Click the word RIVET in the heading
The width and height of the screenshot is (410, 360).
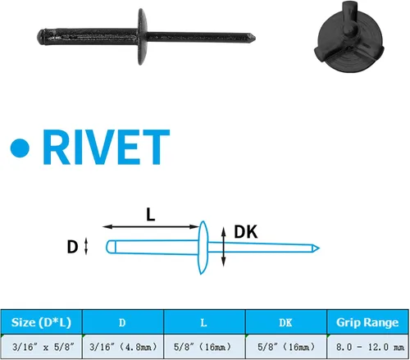point(106,147)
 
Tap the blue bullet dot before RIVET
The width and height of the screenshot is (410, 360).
point(20,148)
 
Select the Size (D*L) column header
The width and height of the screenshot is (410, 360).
point(41,322)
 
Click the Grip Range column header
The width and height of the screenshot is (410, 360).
point(367,322)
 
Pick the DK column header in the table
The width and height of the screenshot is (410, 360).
point(285,323)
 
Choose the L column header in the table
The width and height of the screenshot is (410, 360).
point(203,323)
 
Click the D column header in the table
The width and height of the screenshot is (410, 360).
point(122,323)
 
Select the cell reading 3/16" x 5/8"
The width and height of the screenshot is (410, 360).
point(43,347)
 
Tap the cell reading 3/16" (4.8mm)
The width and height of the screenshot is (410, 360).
point(123,347)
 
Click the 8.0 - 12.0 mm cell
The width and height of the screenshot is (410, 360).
point(370,347)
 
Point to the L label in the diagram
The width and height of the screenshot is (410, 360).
point(151,215)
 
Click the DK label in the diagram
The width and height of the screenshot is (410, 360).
point(246,232)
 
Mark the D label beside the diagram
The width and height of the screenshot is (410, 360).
point(72,247)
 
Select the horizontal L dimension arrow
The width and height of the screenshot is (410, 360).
point(151,226)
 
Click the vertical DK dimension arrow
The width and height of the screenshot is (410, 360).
point(224,247)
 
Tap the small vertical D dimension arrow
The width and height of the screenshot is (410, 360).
point(86,246)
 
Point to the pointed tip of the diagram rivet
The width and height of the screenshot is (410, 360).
point(319,248)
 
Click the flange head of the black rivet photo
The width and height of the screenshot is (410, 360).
point(142,37)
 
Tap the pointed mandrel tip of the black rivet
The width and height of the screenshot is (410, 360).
point(255,37)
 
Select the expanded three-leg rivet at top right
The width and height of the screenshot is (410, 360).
point(349,38)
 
